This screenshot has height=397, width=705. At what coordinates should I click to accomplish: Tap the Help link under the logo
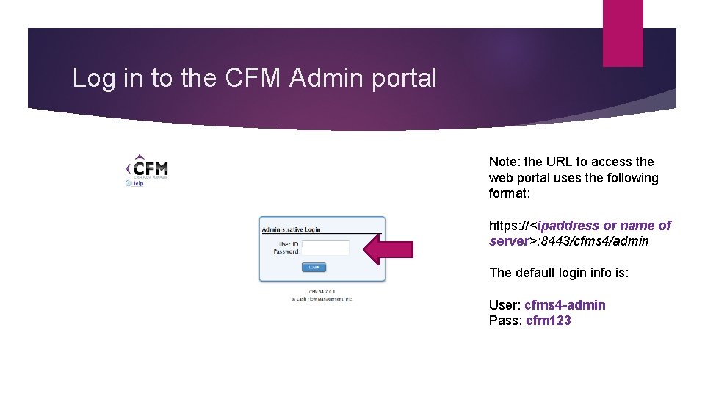tap(136, 183)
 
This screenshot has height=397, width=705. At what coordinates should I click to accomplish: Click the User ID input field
tap(326, 243)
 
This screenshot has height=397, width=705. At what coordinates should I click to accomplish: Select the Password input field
tap(326, 251)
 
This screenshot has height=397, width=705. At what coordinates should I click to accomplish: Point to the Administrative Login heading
tap(292, 229)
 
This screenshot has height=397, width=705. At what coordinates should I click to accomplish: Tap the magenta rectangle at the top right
tap(623, 32)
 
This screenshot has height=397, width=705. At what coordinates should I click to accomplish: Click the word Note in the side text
tap(503, 162)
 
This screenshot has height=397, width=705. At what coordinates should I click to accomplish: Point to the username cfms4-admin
tap(565, 305)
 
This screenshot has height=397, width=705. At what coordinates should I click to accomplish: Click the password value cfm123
tap(549, 321)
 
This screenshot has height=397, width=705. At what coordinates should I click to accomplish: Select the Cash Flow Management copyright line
tap(322, 299)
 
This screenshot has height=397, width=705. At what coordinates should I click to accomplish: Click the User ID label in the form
tap(289, 243)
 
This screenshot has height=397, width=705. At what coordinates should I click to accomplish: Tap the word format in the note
tap(508, 194)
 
